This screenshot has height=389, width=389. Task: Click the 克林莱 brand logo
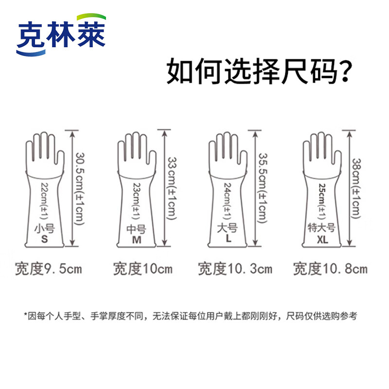61,35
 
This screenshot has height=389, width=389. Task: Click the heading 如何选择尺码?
259,71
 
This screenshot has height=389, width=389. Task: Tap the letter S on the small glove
44,239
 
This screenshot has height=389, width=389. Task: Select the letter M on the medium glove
137,240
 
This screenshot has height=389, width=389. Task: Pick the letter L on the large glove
229,238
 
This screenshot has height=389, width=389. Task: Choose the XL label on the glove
322,239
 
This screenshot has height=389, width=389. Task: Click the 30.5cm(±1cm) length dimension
80,189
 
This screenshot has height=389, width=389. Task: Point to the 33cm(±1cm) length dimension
172,189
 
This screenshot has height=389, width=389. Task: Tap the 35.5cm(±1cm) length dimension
263,188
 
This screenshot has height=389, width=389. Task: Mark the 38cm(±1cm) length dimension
356,189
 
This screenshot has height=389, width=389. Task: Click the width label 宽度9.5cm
48,269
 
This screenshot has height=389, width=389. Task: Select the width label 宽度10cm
142,269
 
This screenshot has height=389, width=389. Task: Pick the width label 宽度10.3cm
235,269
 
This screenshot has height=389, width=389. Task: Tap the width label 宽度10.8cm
330,269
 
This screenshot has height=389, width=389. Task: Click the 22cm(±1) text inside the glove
44,201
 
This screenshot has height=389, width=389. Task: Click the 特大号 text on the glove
321,228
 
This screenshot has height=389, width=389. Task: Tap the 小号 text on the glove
44,228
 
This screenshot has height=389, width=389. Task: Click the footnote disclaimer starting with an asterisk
191,316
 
